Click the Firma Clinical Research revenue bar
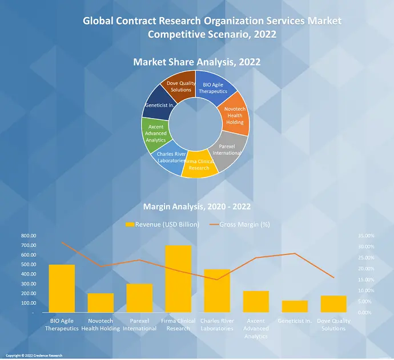[x=178, y=279]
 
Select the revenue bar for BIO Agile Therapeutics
[x=62, y=289]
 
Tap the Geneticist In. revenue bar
[x=295, y=306]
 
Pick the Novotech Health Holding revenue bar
[x=100, y=303]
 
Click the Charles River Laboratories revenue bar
[x=217, y=291]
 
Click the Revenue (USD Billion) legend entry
[x=162, y=224]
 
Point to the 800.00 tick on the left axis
[x=27, y=236]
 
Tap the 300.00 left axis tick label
[x=27, y=284]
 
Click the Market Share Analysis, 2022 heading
[x=197, y=61]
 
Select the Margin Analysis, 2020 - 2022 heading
[x=197, y=206]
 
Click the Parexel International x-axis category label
[x=139, y=325]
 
